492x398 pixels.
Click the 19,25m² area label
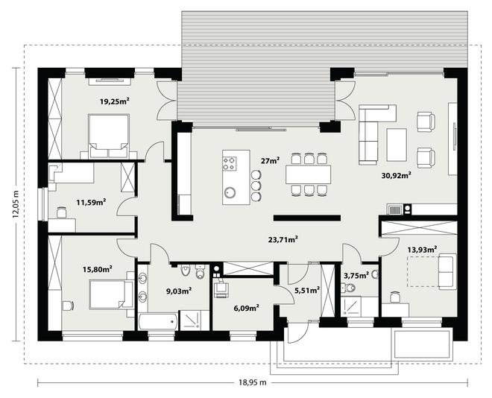pyautogui.click(x=115, y=101)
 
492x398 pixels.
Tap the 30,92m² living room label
pyautogui.click(x=397, y=175)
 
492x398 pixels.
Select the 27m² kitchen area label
pyautogui.click(x=270, y=161)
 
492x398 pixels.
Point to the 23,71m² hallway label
pyautogui.click(x=283, y=240)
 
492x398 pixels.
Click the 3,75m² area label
pyautogui.click(x=356, y=276)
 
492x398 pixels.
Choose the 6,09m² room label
pyautogui.click(x=246, y=308)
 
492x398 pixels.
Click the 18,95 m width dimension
pyautogui.click(x=253, y=382)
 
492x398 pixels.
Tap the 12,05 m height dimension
pyautogui.click(x=16, y=204)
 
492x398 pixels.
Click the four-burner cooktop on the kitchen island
pyautogui.click(x=230, y=164)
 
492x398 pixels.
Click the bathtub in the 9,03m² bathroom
pyautogui.click(x=158, y=320)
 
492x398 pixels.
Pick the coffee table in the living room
pyautogui.click(x=397, y=145)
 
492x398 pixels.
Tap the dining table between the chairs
pyautogui.click(x=308, y=174)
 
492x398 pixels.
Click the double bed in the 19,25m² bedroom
pyautogui.click(x=109, y=136)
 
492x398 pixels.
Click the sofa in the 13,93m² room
pyautogui.click(x=447, y=271)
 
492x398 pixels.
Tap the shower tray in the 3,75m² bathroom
pyautogui.click(x=351, y=307)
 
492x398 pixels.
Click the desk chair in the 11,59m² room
pyautogui.click(x=62, y=212)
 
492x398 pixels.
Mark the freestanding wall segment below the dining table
pyautogui.click(x=307, y=218)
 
